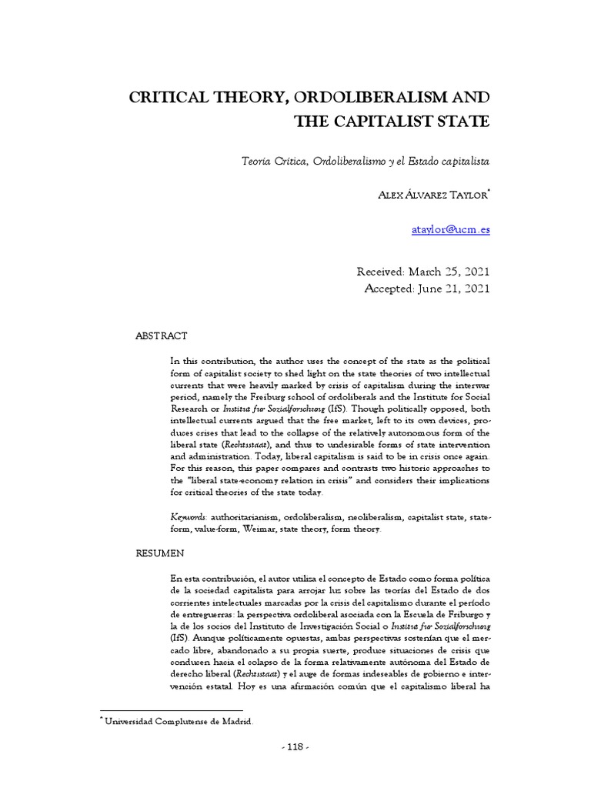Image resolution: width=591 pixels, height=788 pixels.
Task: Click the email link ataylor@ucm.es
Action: tap(450, 229)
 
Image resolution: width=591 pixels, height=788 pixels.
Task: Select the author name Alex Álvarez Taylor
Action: tap(429, 195)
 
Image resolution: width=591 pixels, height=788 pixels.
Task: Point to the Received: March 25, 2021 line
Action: tap(422, 272)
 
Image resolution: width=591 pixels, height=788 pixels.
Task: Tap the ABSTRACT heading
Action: tap(161, 336)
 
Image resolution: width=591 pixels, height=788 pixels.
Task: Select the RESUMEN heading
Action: tap(159, 553)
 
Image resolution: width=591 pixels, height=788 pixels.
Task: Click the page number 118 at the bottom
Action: tap(295, 746)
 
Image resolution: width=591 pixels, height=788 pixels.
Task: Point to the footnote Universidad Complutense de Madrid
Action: tap(179, 721)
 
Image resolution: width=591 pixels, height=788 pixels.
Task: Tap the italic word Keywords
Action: tap(187, 518)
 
